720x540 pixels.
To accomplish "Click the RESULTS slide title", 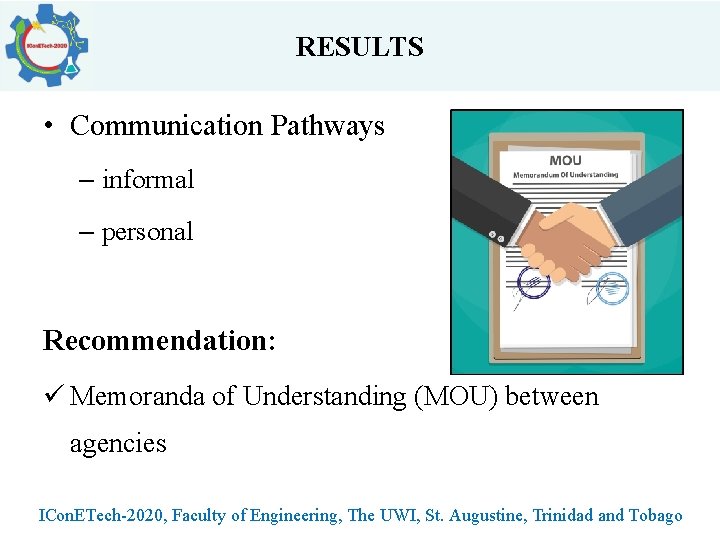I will pyautogui.click(x=359, y=47).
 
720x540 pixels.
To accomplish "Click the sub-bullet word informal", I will pyautogui.click(x=148, y=180).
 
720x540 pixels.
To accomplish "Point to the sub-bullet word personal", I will pyautogui.click(x=147, y=232).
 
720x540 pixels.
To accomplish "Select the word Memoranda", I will pyautogui.click(x=139, y=397).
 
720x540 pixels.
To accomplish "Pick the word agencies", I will pyautogui.click(x=118, y=443).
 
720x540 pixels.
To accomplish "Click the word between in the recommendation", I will pyautogui.click(x=552, y=397).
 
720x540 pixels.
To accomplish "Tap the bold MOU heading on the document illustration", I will pyautogui.click(x=565, y=160).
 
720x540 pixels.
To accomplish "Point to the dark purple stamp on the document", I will pyautogui.click(x=532, y=285).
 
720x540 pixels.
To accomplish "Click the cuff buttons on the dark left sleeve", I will pyautogui.click(x=494, y=236).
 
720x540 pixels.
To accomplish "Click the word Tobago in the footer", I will pyautogui.click(x=655, y=516).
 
